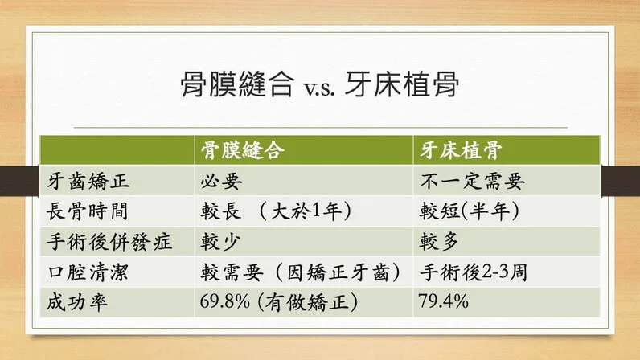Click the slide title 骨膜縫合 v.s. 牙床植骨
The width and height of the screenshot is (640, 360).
click(320, 84)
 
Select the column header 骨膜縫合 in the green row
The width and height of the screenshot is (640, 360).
click(243, 150)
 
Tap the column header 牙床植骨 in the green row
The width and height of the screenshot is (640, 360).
click(461, 150)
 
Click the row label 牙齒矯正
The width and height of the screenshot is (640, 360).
click(88, 182)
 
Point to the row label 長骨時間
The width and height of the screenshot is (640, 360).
click(88, 211)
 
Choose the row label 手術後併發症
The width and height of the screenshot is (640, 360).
click(109, 242)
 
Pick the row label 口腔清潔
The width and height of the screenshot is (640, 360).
click(88, 272)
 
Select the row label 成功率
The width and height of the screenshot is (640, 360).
click(77, 302)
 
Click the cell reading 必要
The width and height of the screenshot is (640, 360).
click(221, 182)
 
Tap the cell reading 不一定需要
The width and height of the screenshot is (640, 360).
click(472, 182)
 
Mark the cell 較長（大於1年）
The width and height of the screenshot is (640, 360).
click(276, 211)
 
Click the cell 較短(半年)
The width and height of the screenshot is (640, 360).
click(470, 211)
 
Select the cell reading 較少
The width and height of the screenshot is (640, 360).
click(220, 242)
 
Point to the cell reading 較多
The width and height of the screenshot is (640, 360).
click(439, 242)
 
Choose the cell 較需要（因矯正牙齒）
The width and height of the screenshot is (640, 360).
click(301, 272)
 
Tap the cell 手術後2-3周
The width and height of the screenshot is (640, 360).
click(474, 272)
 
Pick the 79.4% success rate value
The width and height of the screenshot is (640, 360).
click(444, 301)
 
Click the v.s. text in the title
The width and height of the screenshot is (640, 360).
click(319, 88)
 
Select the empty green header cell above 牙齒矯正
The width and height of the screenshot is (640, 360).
click(117, 150)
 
